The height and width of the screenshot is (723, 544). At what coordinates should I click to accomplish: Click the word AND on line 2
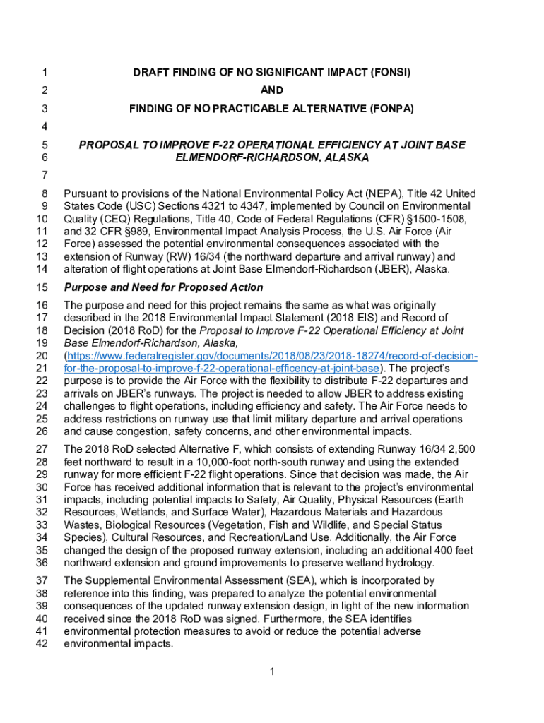pyautogui.click(x=272, y=90)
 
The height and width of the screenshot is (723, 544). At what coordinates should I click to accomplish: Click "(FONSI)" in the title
pyautogui.click(x=386, y=72)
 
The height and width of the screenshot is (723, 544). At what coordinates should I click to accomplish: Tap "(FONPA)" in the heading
pyautogui.click(x=391, y=109)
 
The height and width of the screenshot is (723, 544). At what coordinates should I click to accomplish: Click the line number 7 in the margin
pyautogui.click(x=45, y=174)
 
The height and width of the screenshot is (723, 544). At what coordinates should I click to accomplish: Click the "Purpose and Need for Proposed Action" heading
pyautogui.click(x=163, y=288)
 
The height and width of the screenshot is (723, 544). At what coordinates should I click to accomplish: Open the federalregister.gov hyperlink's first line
pyautogui.click(x=271, y=356)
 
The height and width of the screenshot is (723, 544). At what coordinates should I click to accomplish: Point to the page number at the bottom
pyautogui.click(x=272, y=671)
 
